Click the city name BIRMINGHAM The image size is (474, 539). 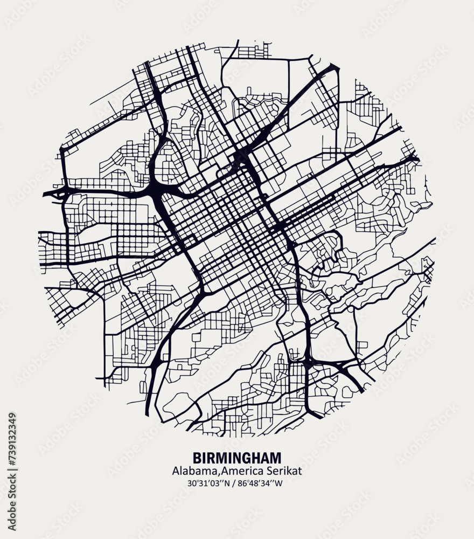coord(236,458)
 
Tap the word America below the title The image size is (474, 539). coord(241,471)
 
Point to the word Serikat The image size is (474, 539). coord(283,471)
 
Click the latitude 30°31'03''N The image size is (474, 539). coord(209,483)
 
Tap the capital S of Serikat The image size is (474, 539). coord(270,471)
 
